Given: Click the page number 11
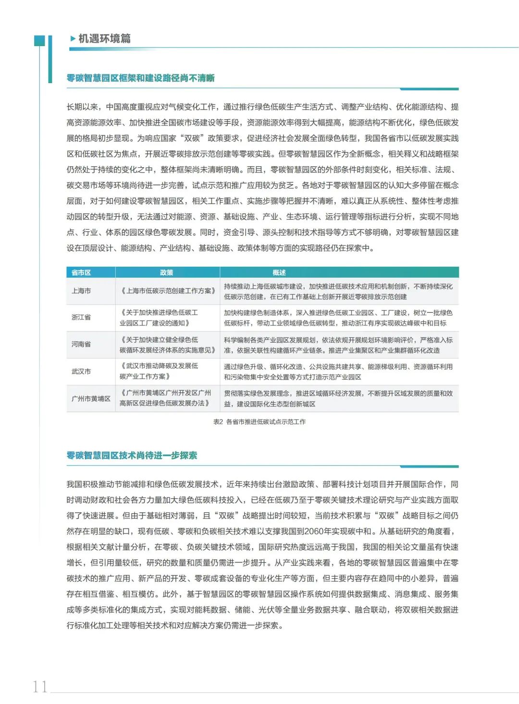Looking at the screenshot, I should [40, 686].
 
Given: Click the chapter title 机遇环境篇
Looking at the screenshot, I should [104, 38].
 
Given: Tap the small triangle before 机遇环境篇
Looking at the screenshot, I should [73, 38].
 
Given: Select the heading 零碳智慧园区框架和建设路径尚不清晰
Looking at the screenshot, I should [140, 78].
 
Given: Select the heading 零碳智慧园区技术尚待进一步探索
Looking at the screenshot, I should [132, 455].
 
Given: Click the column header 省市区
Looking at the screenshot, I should [81, 272].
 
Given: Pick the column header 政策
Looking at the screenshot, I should [166, 272].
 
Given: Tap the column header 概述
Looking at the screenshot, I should [279, 272].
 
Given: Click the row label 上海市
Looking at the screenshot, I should [81, 291].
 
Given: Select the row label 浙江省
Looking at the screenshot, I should [81, 317].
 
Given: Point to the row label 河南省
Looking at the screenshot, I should [81, 344].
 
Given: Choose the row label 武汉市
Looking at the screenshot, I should [81, 371].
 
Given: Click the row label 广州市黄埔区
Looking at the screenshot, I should [91, 398].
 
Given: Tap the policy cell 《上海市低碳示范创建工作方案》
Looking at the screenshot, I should [167, 291].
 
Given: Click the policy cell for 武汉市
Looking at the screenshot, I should [159, 371].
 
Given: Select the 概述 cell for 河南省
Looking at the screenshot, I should [338, 345].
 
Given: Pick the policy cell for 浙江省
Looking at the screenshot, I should [159, 318].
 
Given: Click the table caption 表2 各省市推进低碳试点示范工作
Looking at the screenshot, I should [259, 421].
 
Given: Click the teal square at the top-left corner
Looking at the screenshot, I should [39, 41].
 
